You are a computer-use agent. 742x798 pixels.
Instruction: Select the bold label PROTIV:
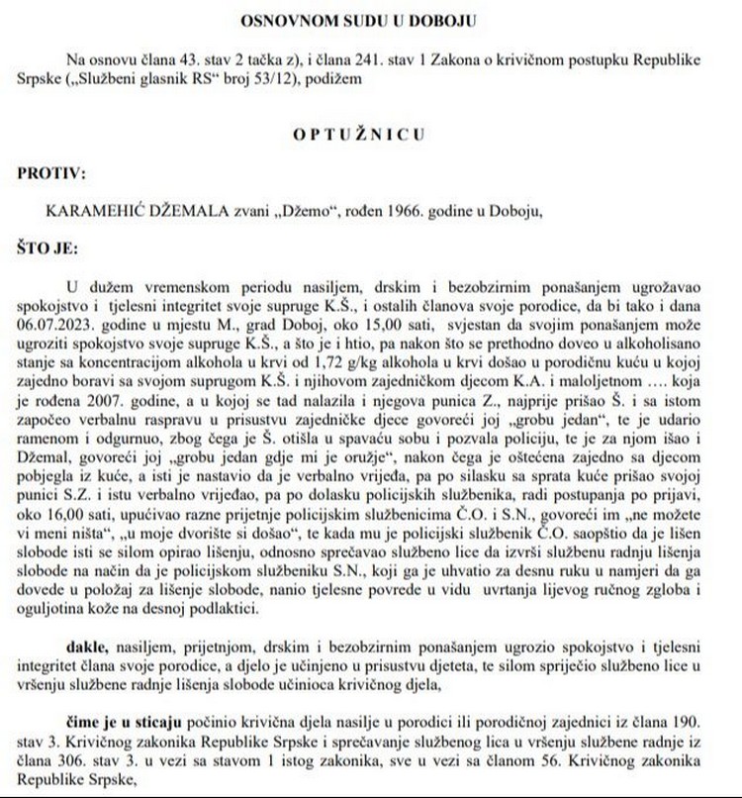coord(51,172)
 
